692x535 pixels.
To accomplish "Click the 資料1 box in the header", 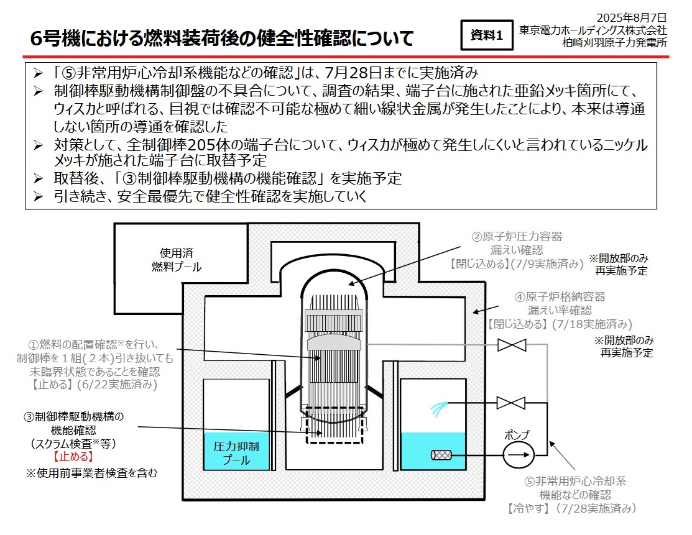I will [486, 35].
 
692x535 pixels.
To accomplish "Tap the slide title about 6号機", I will [222, 38].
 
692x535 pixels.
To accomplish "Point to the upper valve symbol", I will [511, 345].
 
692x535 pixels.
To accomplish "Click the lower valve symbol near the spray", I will [511, 403].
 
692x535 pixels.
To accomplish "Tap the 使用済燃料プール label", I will [177, 260].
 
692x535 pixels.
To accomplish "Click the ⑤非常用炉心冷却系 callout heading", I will [574, 481].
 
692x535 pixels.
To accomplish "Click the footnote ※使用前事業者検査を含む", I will [91, 473].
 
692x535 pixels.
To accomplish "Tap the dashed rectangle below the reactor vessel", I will [334, 425].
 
